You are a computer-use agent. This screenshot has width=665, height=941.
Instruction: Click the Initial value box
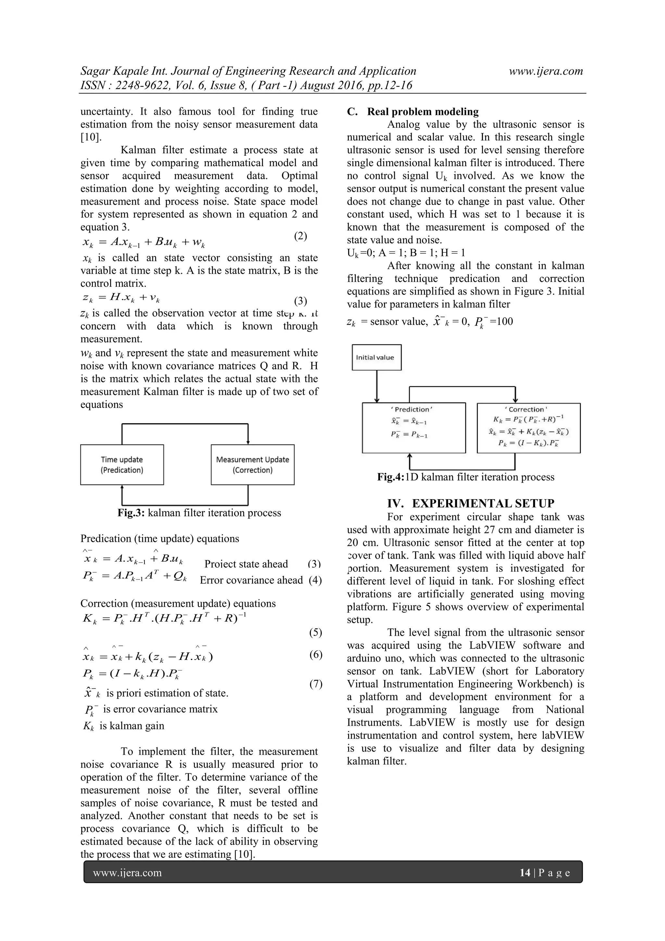pyautogui.click(x=376, y=357)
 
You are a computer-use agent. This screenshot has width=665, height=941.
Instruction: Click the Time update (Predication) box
pyautogui.click(x=122, y=465)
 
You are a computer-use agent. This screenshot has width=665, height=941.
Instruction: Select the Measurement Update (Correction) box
pyautogui.click(x=252, y=465)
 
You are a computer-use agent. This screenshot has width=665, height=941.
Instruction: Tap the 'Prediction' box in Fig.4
pyautogui.click(x=413, y=428)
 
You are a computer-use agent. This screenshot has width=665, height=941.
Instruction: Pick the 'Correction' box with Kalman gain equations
pyautogui.click(x=528, y=428)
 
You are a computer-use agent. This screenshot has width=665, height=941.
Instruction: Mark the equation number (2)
pyautogui.click(x=300, y=236)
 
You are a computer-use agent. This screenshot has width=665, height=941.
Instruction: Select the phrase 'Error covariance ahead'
pyautogui.click(x=251, y=580)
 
